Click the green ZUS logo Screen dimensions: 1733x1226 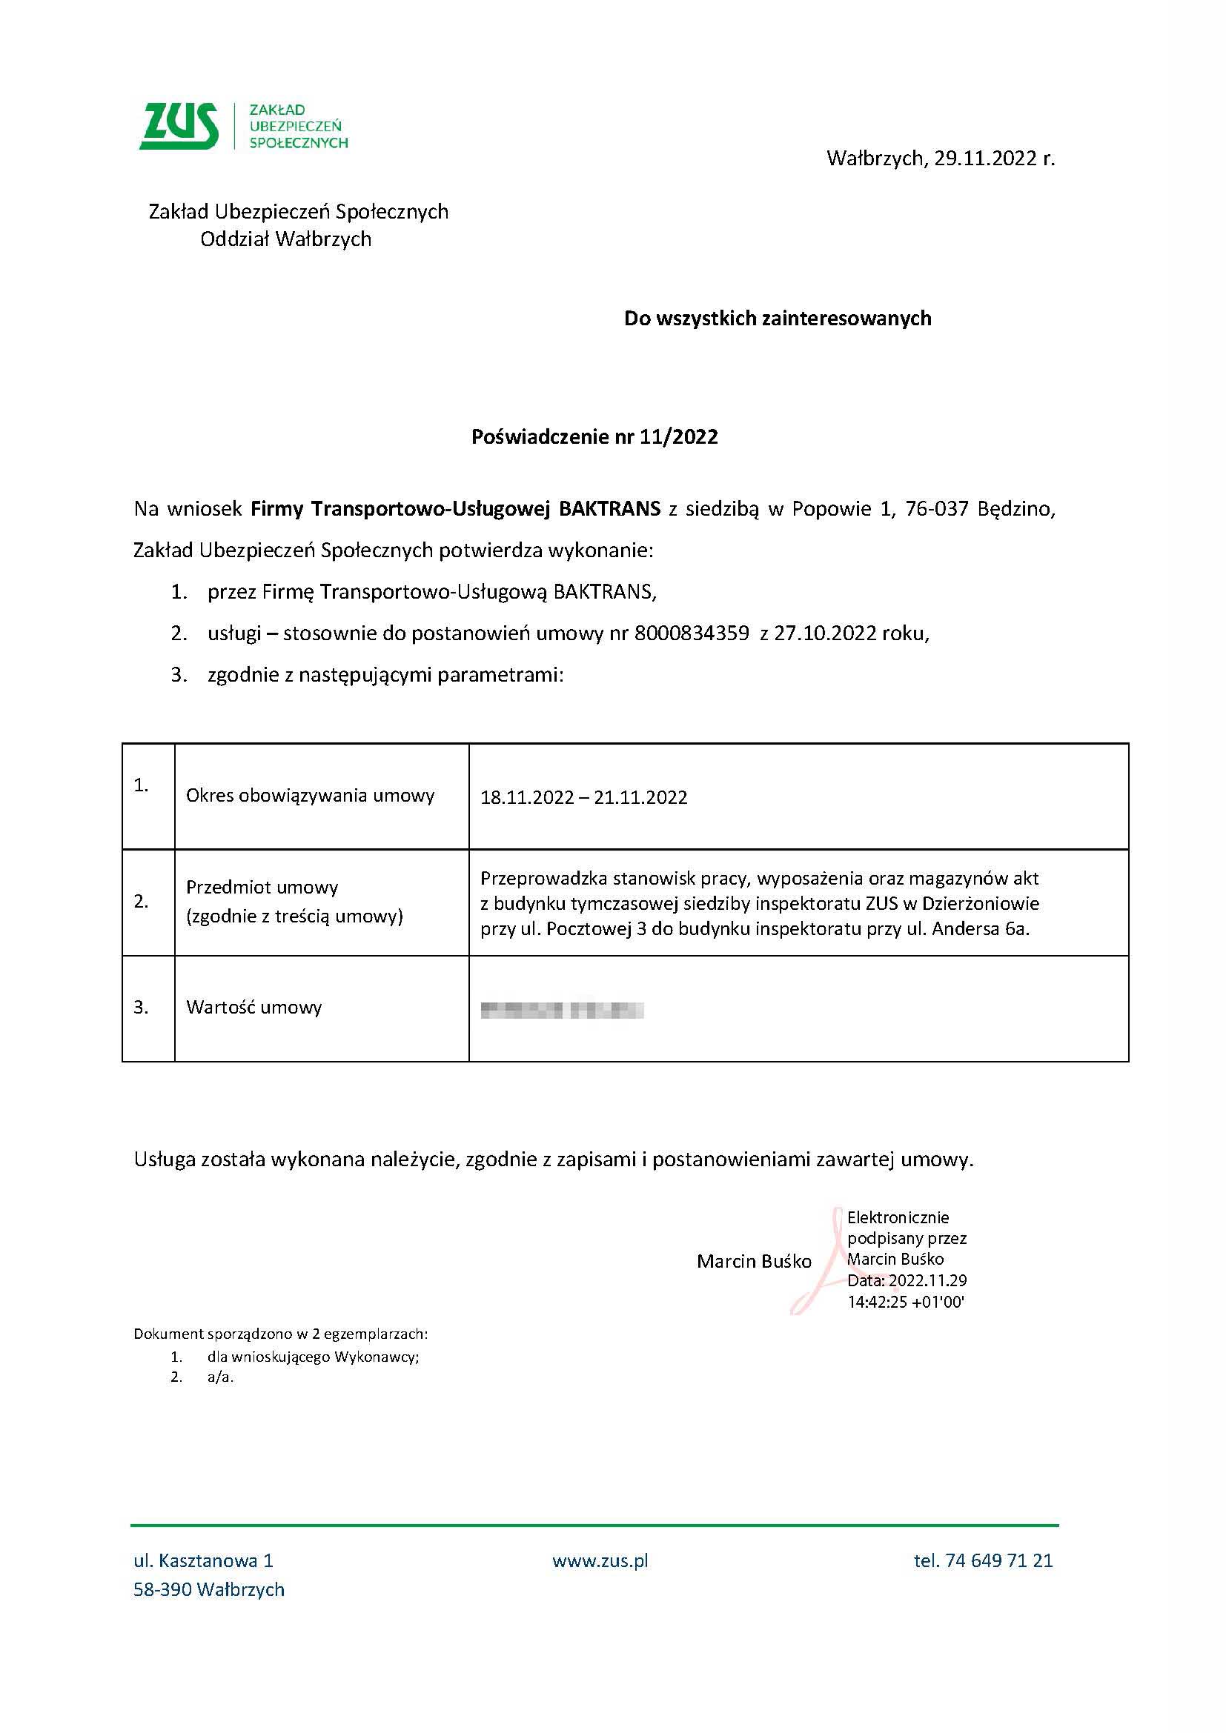tap(179, 126)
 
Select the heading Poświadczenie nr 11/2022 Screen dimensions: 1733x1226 tap(594, 436)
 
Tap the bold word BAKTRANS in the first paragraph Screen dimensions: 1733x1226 tap(609, 509)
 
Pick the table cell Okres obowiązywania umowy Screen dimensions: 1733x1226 tap(311, 795)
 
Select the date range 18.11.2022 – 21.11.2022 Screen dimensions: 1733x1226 tap(583, 798)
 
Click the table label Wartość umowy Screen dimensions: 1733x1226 tap(254, 1007)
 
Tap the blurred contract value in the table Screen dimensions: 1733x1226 tap(562, 1009)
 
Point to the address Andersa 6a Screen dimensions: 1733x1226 tap(981, 928)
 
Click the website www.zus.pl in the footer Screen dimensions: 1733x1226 tap(600, 1560)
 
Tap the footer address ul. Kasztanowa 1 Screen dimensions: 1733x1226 tap(203, 1560)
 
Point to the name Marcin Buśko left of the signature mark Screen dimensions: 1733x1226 tap(753, 1261)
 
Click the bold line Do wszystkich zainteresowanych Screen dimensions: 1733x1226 tap(778, 319)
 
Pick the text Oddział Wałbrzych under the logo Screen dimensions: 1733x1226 tap(285, 239)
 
